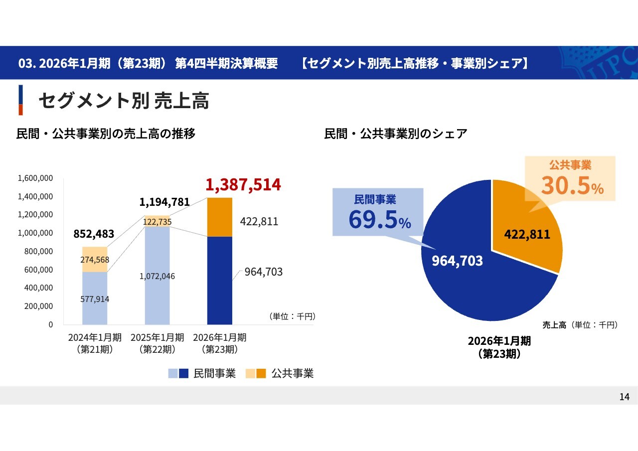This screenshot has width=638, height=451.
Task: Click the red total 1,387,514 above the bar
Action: [243, 185]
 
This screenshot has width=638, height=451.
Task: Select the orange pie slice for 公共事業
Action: [523, 219]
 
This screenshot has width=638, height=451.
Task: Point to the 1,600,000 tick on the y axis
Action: [35, 178]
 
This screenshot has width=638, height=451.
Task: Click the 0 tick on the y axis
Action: [51, 324]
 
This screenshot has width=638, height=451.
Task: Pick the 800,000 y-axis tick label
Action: [39, 252]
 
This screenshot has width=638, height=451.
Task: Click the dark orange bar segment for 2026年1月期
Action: [220, 217]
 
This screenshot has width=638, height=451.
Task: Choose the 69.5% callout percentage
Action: [379, 220]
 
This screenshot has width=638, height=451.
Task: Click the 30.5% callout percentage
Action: [572, 185]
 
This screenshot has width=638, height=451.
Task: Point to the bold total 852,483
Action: [94, 234]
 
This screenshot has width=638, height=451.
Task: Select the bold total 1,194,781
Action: [164, 202]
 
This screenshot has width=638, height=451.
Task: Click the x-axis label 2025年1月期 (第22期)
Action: [157, 343]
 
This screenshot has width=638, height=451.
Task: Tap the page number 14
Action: [625, 397]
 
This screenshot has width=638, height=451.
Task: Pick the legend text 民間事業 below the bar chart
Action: [214, 374]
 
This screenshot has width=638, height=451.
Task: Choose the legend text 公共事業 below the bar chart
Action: [293, 374]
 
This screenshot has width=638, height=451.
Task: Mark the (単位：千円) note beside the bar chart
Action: [292, 316]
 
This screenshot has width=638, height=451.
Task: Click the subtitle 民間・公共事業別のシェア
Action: [396, 134]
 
